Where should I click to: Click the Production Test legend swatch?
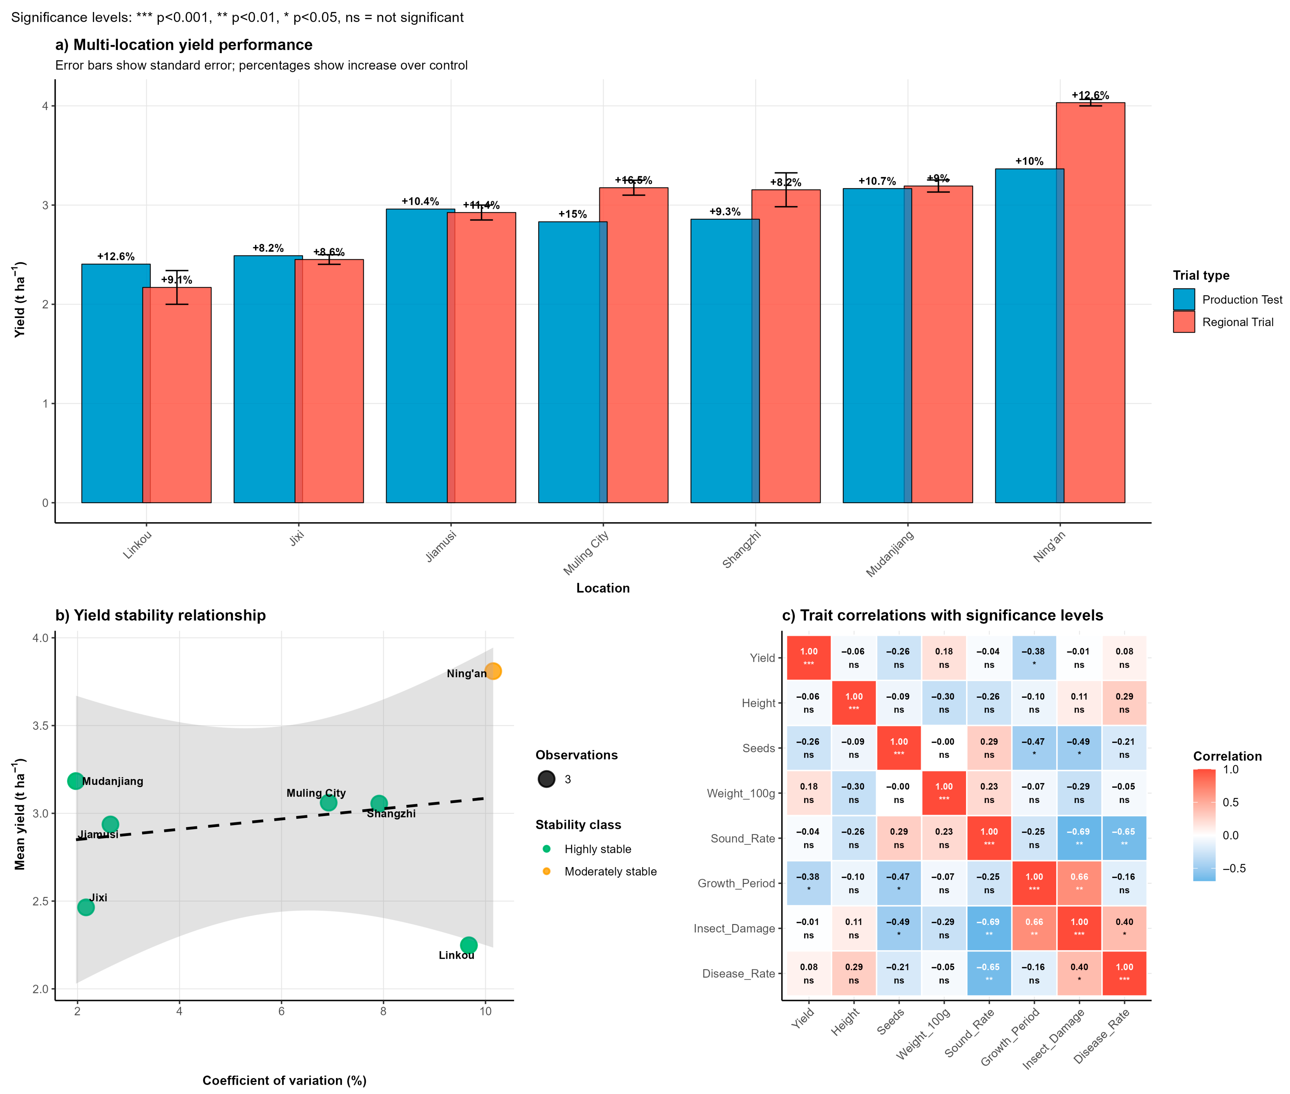click(1183, 299)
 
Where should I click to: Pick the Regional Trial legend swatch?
click(1183, 322)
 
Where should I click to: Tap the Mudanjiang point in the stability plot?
click(76, 781)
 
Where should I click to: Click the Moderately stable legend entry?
click(610, 871)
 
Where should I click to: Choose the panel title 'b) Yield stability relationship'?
click(161, 615)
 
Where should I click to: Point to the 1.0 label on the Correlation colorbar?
click(1230, 770)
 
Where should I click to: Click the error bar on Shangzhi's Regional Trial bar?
click(786, 189)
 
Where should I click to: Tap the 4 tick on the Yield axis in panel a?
click(45, 106)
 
